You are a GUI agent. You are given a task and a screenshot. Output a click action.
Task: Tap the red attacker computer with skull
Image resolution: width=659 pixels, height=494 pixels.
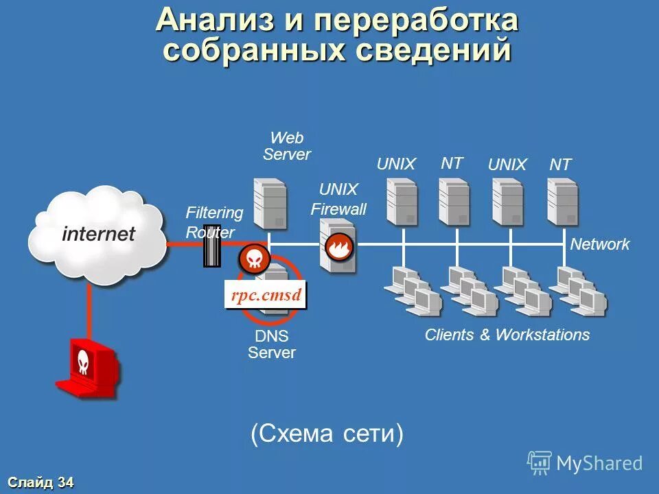point(86,367)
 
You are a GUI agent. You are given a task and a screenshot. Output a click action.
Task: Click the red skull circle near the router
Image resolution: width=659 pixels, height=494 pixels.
point(253,259)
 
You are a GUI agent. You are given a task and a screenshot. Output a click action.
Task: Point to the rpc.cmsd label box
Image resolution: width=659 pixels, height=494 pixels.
point(266,296)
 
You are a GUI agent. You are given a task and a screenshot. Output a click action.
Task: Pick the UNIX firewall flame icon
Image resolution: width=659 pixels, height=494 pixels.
point(338,247)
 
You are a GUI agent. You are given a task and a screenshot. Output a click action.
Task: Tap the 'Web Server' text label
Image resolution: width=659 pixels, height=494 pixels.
point(287,146)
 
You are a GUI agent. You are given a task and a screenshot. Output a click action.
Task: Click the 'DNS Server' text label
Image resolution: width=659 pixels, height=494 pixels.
point(272,344)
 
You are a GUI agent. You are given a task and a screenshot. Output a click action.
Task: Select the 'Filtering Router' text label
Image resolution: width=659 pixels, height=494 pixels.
point(214,222)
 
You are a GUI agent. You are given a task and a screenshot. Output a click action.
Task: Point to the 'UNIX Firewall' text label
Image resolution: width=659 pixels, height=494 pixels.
point(338,199)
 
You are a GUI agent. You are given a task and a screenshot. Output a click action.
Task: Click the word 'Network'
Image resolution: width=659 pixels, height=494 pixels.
point(600,244)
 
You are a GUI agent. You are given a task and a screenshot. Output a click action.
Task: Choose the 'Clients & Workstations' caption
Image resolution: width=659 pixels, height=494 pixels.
point(507,335)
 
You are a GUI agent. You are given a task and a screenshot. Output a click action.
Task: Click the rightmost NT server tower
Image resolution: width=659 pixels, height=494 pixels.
point(562,201)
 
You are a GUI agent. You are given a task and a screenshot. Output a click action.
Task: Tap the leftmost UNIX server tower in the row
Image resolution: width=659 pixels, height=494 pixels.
point(402,201)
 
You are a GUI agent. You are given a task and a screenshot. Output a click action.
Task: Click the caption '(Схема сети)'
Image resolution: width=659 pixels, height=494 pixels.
point(327,434)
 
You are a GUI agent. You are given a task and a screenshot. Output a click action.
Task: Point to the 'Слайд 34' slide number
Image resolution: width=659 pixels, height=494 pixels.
point(42,482)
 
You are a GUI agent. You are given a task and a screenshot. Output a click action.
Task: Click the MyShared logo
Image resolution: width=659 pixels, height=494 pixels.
point(585,463)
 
